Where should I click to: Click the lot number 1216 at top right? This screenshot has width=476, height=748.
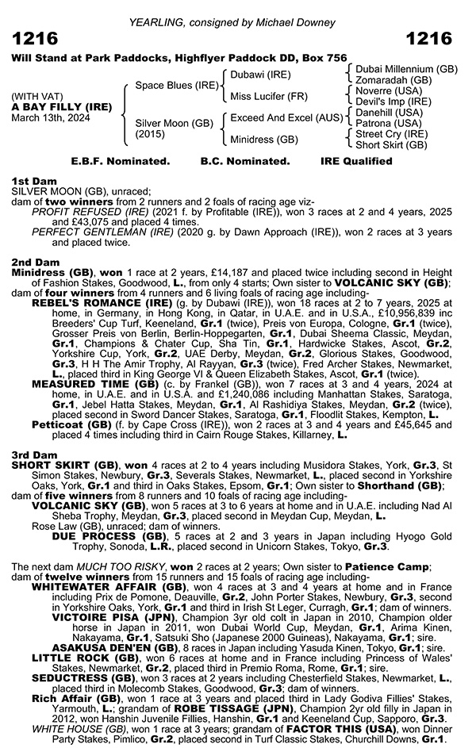[x=428, y=40]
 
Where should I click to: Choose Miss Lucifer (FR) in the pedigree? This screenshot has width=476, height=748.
[x=266, y=96]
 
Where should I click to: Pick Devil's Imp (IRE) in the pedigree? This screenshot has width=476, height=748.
[x=394, y=102]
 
